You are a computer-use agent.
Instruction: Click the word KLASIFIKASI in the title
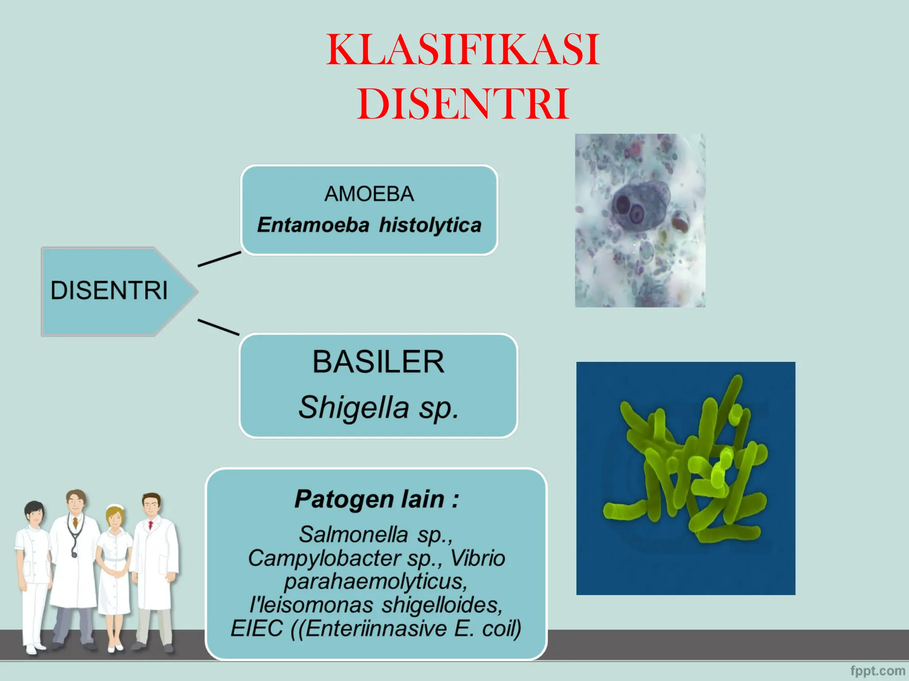pos(463,50)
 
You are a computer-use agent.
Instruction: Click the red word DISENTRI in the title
pos(463,104)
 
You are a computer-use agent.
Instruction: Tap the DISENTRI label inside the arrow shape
pos(109,291)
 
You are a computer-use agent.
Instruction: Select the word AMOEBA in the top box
pos(369,194)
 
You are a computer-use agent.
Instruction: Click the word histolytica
pos(430,225)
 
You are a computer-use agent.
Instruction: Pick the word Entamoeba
pos(313,225)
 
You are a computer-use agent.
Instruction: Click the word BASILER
pos(378,362)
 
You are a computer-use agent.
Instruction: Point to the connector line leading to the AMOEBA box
pos(219,259)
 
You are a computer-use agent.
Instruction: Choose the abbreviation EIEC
pos(257,629)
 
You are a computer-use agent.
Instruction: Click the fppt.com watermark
pos(877,671)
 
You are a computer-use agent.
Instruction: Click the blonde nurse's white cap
pos(115,507)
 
